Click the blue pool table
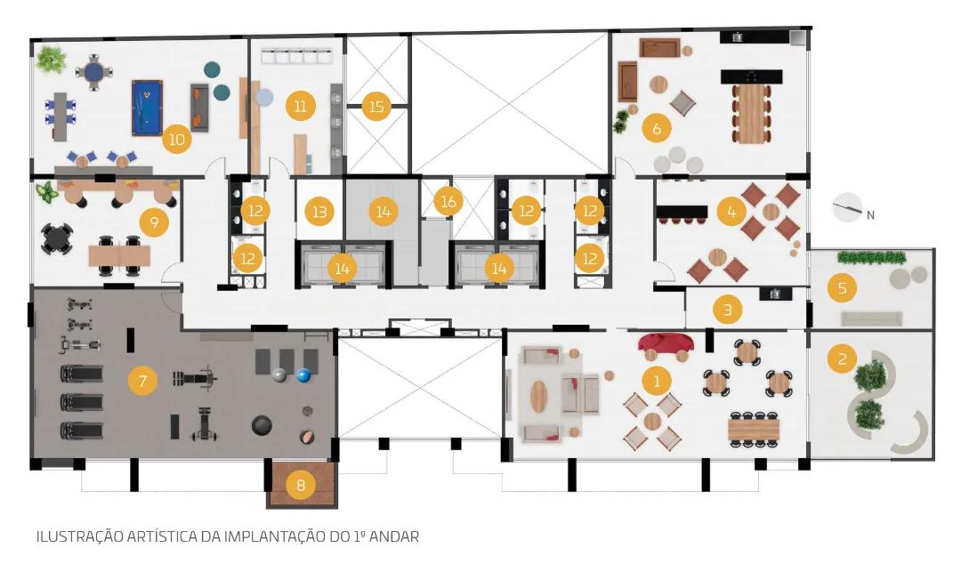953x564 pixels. (147, 108)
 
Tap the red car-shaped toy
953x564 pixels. (666, 343)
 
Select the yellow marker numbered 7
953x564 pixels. (143, 381)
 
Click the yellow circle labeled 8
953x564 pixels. (300, 485)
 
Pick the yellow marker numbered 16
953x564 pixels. (448, 201)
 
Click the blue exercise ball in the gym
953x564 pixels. (304, 375)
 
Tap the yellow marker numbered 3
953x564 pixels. (728, 310)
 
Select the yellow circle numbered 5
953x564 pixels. (842, 287)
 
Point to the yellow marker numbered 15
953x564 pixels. (376, 107)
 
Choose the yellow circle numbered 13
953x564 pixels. (319, 212)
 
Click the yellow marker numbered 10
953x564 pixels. (177, 140)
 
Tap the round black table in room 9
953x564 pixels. (57, 238)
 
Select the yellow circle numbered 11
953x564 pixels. (301, 107)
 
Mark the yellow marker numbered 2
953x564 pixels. (842, 359)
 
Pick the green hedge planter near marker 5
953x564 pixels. (871, 257)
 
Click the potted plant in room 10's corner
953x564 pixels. (51, 60)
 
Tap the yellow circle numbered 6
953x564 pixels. (657, 128)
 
